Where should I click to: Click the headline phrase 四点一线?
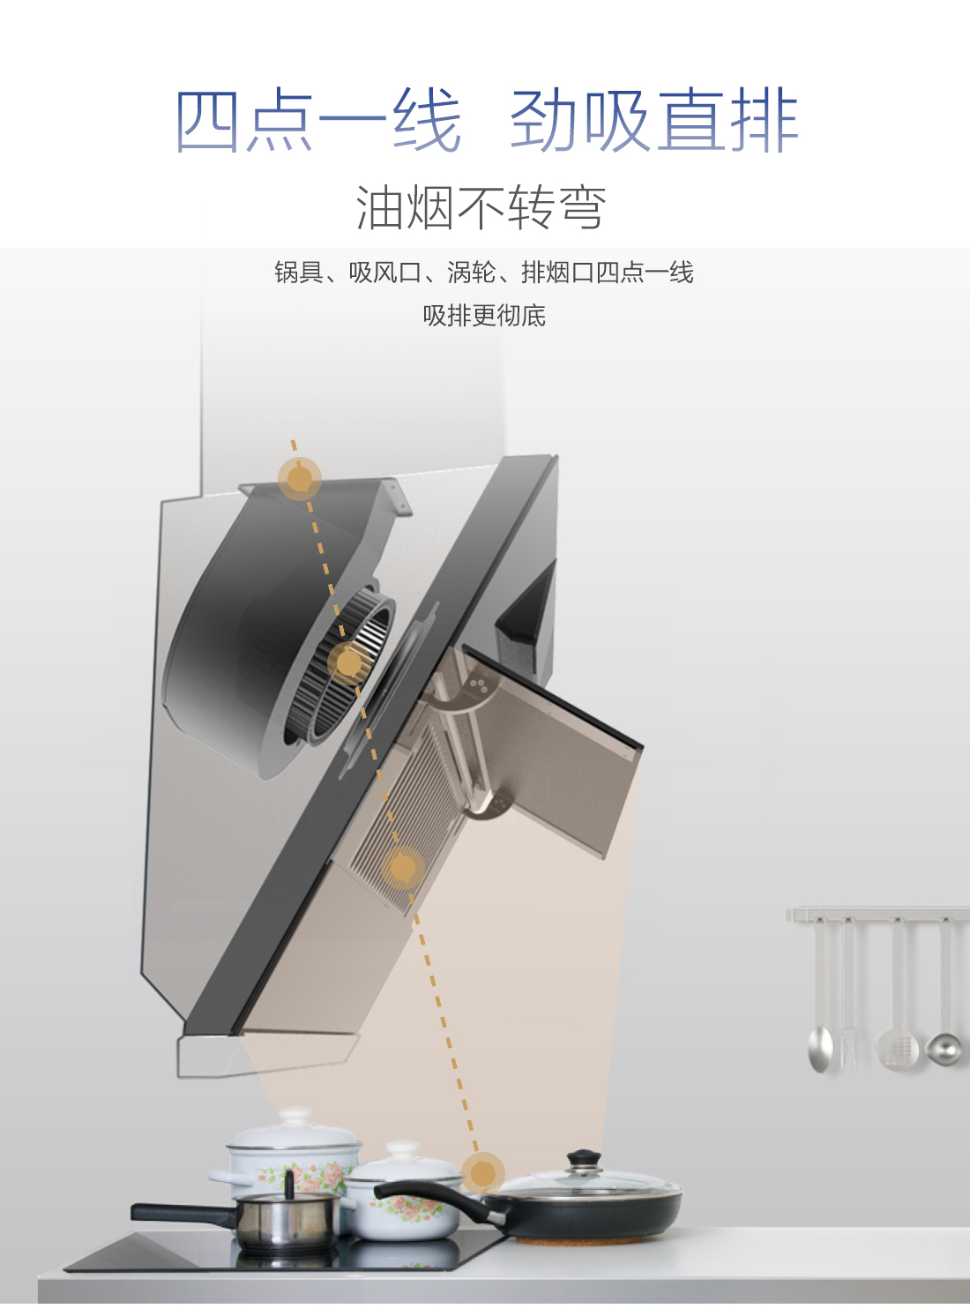(317, 121)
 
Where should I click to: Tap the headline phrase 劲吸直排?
(653, 121)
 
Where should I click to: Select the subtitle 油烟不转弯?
(481, 207)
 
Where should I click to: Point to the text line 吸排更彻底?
(484, 316)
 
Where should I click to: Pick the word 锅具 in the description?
(299, 273)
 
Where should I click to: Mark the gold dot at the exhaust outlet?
(300, 479)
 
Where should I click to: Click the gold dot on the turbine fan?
(349, 662)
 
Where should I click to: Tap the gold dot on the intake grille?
(403, 867)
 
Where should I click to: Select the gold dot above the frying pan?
(483, 1174)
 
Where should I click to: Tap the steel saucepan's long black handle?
(183, 1213)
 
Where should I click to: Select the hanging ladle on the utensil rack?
(944, 1000)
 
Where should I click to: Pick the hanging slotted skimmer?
(897, 998)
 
